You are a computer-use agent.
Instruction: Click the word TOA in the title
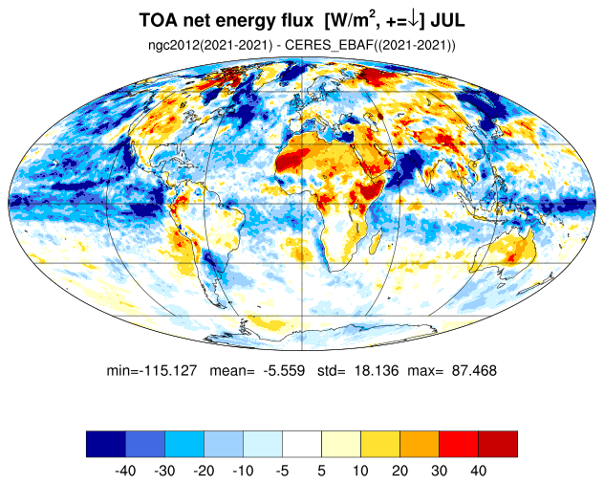coord(159,20)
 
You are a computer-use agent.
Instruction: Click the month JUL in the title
coord(447,20)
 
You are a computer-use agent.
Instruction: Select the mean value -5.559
coord(284,370)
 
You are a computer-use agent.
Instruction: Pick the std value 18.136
coord(377,370)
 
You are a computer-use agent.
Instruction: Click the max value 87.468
coord(474,370)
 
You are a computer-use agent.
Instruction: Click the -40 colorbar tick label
coord(125,471)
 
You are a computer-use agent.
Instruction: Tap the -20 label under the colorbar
coord(204,471)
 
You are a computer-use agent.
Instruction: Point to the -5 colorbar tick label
coord(282,471)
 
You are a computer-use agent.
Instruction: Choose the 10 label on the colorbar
coord(360,471)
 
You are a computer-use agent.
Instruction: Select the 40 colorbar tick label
coord(479,471)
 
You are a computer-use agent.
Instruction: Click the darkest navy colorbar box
coord(106,444)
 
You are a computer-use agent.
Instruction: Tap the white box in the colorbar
coord(302,444)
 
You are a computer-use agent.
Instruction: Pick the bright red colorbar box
coord(459,444)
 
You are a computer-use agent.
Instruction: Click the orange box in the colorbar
coord(420,444)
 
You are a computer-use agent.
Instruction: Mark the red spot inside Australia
coord(511,257)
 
